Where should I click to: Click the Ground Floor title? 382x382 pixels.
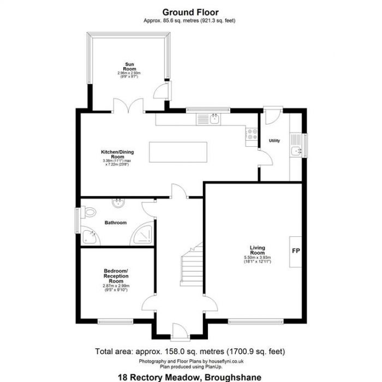[x=190, y=11]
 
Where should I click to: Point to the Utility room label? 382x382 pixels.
[x=274, y=141]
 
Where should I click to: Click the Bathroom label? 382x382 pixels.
[x=116, y=223]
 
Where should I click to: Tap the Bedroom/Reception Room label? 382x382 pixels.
[x=116, y=274]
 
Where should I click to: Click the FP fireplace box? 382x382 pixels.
[x=295, y=252]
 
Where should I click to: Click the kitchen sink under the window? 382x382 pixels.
[x=214, y=118]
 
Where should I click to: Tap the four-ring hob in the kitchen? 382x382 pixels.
[x=253, y=133]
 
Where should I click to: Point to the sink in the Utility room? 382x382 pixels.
[x=296, y=150]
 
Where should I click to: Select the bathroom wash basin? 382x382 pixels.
[x=118, y=204]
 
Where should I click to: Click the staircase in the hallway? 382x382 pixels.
[x=190, y=267]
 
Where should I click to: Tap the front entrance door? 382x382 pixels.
[x=178, y=330]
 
